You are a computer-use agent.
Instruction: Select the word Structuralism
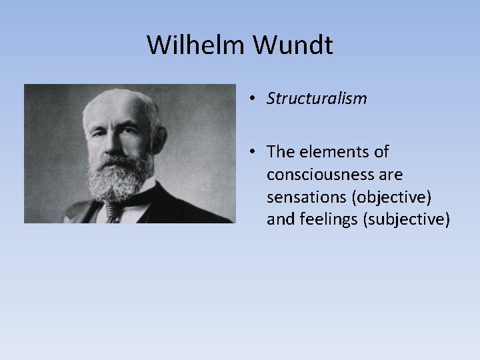click(317, 99)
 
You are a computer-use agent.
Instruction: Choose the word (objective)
click(388, 197)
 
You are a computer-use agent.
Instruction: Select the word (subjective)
click(406, 219)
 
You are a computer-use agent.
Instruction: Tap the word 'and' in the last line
click(279, 219)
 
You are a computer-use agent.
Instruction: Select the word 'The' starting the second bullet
click(279, 152)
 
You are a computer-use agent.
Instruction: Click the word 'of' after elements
click(381, 152)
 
